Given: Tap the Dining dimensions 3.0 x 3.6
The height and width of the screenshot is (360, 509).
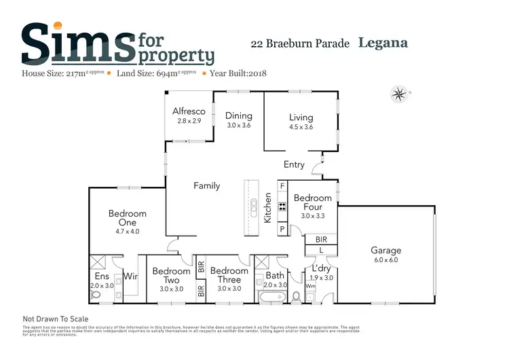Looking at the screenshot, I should tap(239, 126).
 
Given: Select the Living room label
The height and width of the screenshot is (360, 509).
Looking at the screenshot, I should tap(301, 116).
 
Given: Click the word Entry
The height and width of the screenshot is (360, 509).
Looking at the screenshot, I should tap(294, 164).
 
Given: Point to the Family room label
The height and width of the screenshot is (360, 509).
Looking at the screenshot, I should tap(206, 185).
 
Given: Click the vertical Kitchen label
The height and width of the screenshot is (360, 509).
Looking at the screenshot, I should tap(268, 208).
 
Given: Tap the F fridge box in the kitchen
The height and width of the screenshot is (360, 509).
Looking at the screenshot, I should tap(282, 185).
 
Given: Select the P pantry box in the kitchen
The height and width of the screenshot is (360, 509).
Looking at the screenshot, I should tap(282, 230).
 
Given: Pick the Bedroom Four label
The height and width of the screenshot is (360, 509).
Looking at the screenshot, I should tap(312, 202).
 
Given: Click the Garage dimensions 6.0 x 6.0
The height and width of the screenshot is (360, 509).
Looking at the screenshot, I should tap(385, 260).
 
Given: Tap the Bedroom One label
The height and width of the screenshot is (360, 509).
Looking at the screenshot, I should tap(128, 218).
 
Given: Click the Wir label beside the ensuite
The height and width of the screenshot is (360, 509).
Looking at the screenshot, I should tap(131, 276).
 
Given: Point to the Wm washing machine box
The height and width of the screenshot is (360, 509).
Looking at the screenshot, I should tap(310, 286).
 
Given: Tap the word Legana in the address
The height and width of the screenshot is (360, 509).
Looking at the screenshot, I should tap(383, 43).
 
